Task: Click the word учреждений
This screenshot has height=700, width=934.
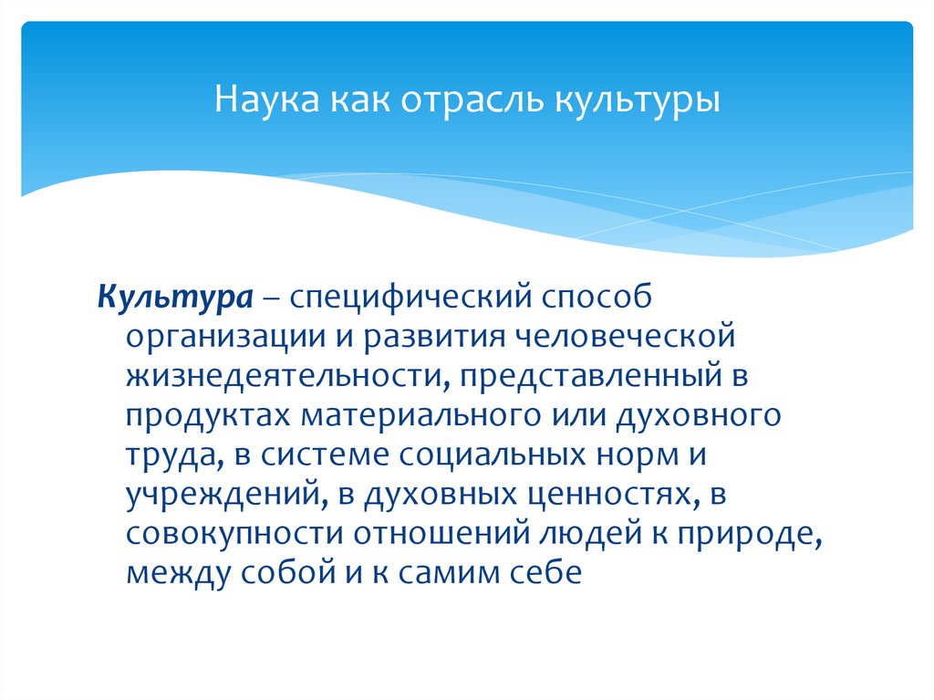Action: tap(218, 496)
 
